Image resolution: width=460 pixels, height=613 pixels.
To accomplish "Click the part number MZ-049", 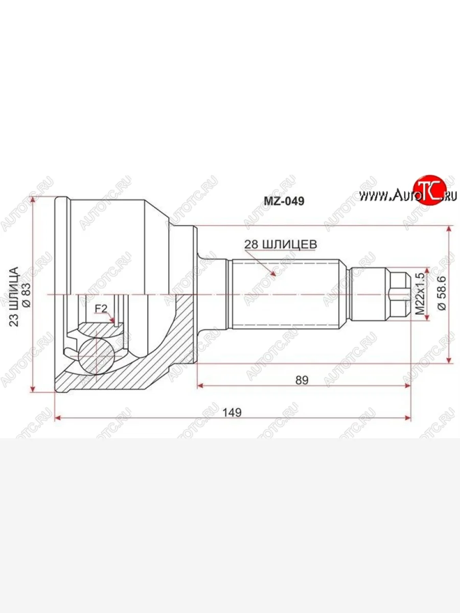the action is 284,201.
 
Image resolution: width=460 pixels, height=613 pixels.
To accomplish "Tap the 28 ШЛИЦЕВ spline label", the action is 281,244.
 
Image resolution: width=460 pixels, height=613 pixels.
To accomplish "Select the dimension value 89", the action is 302,380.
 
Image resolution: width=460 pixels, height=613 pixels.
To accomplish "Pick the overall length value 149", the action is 232,412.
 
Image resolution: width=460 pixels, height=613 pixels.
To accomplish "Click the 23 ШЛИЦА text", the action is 14,297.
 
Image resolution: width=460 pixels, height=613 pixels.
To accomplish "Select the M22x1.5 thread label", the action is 420,294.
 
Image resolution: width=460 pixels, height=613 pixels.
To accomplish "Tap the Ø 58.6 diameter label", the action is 442,293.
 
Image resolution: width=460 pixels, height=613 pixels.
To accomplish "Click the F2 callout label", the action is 101,309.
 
